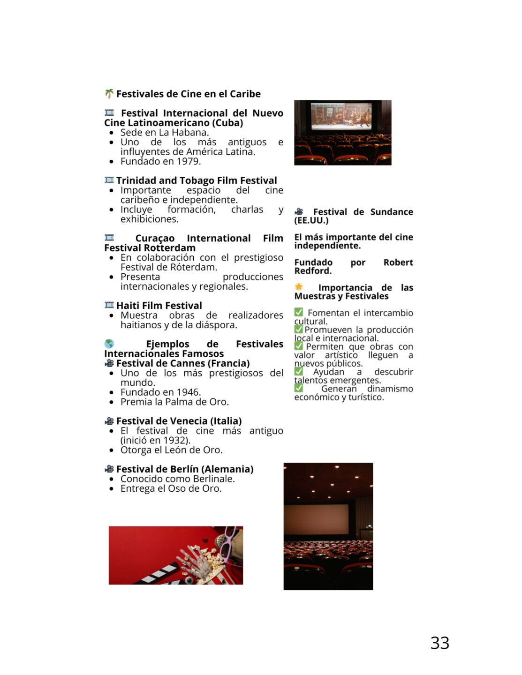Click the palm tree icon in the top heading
pos(109,94)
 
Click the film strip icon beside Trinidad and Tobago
pos(109,180)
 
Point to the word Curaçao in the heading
pos(155,238)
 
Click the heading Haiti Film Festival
pos(159,306)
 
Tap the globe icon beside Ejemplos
pos(109,344)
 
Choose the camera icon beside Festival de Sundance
pos(299,212)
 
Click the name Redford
pos(312,271)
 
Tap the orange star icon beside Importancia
pos(299,287)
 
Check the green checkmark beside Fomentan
pos(299,312)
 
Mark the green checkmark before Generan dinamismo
pos(299,388)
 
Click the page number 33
pos(439,643)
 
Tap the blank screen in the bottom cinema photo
pos(317,519)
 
